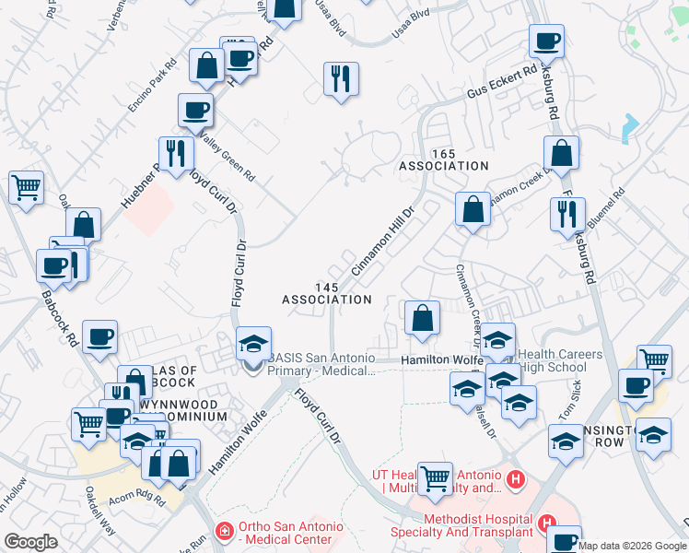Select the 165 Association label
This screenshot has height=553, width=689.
pos(443,159)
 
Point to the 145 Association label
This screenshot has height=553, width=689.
pos(326,294)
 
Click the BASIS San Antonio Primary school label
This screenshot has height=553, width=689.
pos(321,364)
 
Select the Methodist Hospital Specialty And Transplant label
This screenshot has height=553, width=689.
pos(478,525)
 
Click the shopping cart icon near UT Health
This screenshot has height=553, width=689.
pos(435,477)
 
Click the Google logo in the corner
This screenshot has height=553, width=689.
pos(31,542)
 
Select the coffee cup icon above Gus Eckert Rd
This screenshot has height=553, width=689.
pos(546,41)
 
